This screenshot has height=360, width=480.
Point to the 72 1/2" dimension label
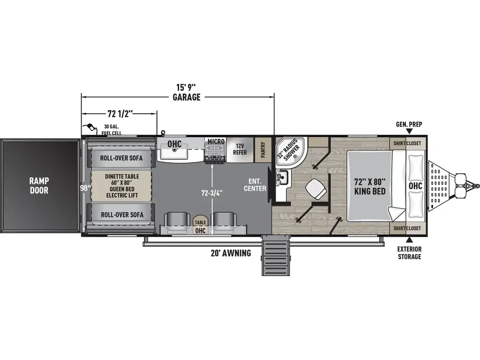(118, 113)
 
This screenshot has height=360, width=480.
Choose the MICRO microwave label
(215, 142)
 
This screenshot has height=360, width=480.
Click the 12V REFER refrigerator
(240, 149)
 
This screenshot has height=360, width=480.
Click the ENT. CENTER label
(257, 185)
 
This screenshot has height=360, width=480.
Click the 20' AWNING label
(231, 253)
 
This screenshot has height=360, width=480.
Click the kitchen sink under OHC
(175, 150)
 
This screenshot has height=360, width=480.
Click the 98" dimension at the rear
(85, 188)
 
